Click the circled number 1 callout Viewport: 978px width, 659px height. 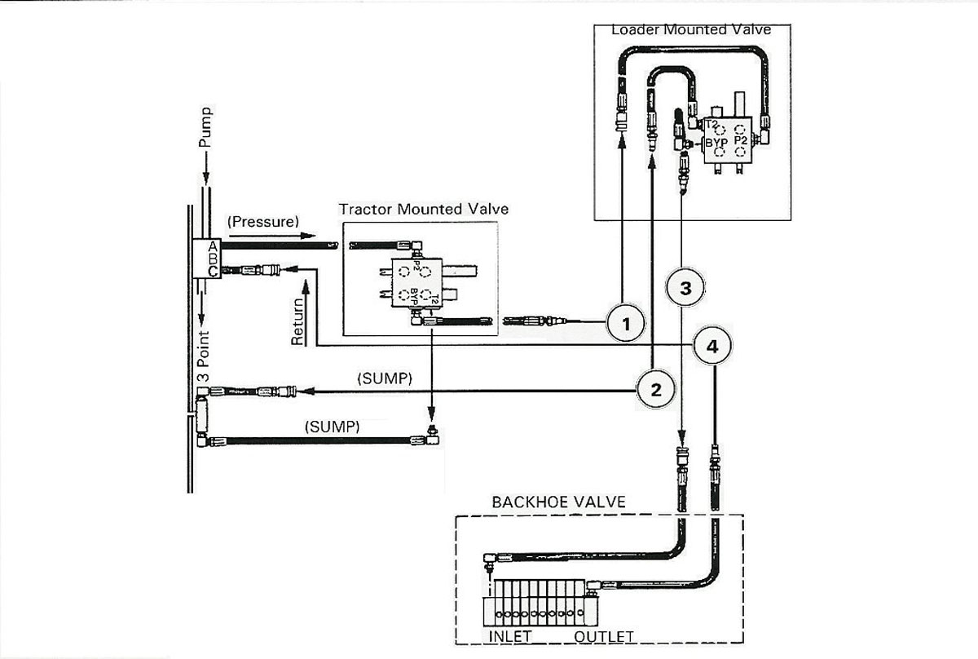(626, 323)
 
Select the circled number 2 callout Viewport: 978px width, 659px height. (656, 389)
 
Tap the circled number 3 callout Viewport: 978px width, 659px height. (685, 288)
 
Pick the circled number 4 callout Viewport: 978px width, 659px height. (712, 346)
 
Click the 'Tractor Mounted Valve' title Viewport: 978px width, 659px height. (424, 209)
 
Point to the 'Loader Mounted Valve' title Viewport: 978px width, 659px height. (691, 29)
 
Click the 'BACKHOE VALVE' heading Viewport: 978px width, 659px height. (559, 502)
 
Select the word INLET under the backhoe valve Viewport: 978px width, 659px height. (510, 637)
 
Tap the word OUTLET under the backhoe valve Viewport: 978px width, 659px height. (604, 637)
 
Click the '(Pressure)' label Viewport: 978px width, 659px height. (263, 222)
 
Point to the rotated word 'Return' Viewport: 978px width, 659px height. (297, 321)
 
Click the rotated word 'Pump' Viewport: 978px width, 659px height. (205, 126)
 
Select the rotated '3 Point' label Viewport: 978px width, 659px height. (204, 356)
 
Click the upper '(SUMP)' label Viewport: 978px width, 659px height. (385, 378)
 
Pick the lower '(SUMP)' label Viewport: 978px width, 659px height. (333, 426)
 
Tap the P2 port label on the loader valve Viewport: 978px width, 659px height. (741, 140)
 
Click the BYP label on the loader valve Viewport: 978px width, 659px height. (716, 143)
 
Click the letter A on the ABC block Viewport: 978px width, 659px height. (213, 246)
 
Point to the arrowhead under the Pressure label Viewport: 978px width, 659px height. (308, 236)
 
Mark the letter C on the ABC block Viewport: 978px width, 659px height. (213, 272)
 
